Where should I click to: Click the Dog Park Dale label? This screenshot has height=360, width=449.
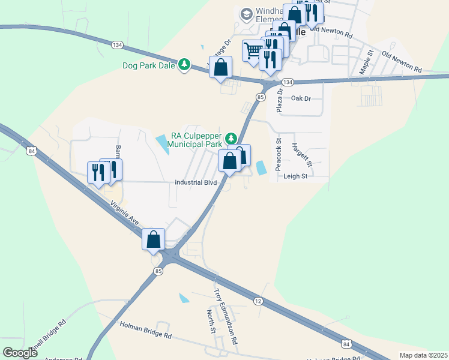click(149, 65)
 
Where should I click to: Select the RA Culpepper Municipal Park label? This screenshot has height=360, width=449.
click(195, 140)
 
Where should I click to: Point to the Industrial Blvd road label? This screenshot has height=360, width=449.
click(194, 182)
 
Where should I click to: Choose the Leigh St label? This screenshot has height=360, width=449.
click(295, 176)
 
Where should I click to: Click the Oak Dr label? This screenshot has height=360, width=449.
click(301, 98)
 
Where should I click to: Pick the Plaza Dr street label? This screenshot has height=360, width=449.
click(279, 99)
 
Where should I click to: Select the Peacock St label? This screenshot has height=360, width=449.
click(279, 155)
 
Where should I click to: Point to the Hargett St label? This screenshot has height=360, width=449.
click(301, 155)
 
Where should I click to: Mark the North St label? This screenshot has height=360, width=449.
click(211, 322)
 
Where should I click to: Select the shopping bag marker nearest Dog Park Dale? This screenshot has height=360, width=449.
click(220, 68)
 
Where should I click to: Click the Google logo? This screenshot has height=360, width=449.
click(20, 353)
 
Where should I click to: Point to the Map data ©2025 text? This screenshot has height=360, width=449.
click(423, 355)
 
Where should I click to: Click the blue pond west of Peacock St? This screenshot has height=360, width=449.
click(261, 169)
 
